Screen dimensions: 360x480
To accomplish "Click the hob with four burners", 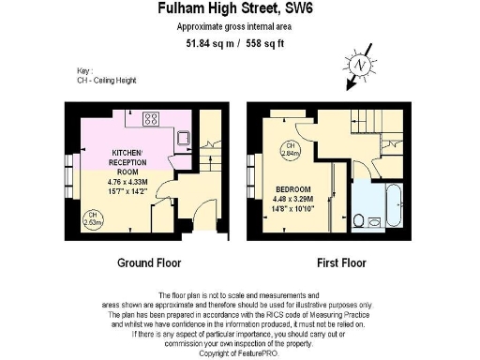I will [x=150, y=119].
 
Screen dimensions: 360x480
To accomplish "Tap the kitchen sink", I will [x=185, y=140].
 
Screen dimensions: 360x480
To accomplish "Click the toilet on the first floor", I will [x=361, y=221].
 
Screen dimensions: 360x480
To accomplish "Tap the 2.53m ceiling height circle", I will [x=92, y=219].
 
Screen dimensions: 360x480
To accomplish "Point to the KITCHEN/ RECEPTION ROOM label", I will [x=127, y=157].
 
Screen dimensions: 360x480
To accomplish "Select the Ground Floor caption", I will [x=148, y=262].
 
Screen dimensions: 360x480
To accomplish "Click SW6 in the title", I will [x=302, y=11].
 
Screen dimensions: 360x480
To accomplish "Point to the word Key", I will [x=83, y=71].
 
